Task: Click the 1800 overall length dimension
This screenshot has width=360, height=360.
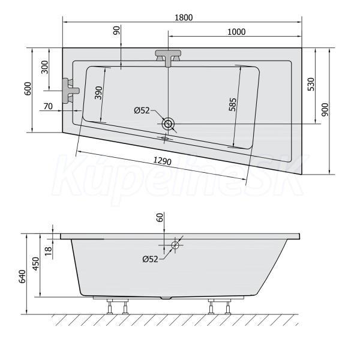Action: [x=184, y=17]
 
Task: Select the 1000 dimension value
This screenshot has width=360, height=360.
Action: [x=236, y=32]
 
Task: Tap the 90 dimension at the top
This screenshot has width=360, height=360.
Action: [x=116, y=31]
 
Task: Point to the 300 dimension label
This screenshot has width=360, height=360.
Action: [x=45, y=67]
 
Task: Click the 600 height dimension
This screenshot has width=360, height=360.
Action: [x=28, y=89]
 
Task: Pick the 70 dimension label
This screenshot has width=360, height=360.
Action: [x=48, y=106]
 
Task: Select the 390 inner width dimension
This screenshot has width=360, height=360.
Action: [x=98, y=93]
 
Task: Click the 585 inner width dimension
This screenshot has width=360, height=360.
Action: [x=232, y=104]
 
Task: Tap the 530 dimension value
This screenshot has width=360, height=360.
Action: [x=311, y=84]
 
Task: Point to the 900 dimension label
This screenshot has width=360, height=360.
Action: [x=325, y=110]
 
